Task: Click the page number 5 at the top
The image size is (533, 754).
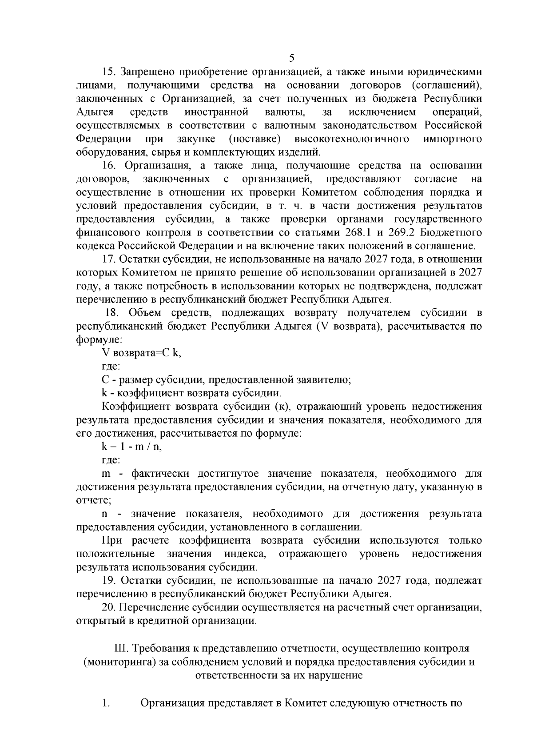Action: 291,58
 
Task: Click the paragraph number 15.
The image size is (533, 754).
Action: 109,72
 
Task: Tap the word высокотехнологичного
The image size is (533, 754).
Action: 351,139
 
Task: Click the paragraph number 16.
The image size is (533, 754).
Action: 109,166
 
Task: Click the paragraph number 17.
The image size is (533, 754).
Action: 109,259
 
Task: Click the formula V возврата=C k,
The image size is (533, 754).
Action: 141,353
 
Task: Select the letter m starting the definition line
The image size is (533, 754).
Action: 106,474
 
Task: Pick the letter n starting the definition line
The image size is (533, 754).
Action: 105,514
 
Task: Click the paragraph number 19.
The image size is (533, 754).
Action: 109,581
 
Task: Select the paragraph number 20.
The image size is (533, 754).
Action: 109,607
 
